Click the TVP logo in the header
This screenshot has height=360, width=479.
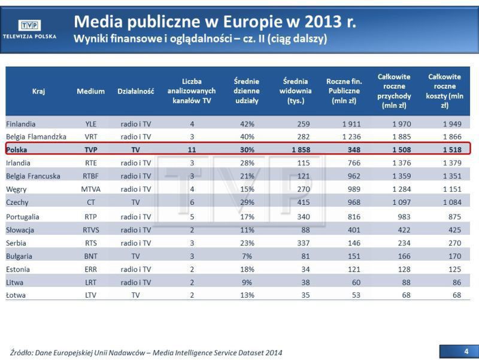[x=29, y=25]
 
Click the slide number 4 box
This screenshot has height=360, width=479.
[x=466, y=350]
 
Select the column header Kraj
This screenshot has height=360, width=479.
[x=39, y=91]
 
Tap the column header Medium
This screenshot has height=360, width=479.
[x=90, y=91]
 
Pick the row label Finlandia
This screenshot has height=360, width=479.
[x=21, y=124]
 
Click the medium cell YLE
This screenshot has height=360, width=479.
[x=90, y=124]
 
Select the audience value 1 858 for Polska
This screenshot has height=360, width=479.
[x=300, y=149]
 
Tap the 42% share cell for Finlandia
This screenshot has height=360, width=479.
[x=247, y=124]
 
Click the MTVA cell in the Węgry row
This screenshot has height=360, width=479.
[x=90, y=189]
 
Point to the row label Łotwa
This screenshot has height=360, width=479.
[x=17, y=295]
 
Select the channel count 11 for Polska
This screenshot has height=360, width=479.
[x=192, y=149]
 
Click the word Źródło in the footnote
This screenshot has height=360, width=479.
[x=22, y=352]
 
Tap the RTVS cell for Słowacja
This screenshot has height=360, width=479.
[x=90, y=230]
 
